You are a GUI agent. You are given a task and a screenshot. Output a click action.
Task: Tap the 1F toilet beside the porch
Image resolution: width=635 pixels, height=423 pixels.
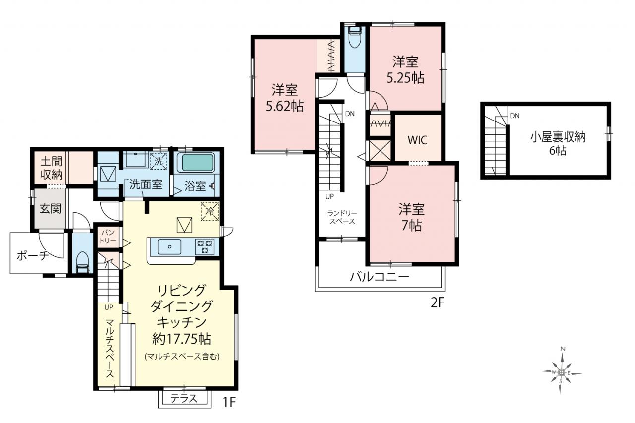pos(83,262)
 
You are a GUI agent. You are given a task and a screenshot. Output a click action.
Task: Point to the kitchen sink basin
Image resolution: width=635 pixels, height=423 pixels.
pos(169,247)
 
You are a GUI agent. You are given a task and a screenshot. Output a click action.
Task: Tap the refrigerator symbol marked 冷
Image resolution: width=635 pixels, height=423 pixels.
pos(210,211)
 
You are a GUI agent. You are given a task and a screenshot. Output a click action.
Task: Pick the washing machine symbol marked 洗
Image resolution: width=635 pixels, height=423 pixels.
pos(158,161)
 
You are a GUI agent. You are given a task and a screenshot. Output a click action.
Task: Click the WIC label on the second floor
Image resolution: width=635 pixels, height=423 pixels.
pos(418,140)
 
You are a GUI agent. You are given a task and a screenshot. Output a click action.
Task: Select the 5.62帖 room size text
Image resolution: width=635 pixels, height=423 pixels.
pos(285,107)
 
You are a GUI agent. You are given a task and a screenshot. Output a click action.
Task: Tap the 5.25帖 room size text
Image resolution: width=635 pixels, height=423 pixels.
pos(405,78)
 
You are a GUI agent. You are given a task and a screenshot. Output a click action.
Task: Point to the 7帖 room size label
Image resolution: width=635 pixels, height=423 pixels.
pos(411,226)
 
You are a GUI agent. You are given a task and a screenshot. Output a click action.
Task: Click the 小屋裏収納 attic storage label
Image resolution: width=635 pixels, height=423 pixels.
pos(558,137)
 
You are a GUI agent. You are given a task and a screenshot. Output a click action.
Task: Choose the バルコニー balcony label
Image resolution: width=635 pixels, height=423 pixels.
pos(380,277)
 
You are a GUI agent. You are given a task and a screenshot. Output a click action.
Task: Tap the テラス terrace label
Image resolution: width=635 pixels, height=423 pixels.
pos(184,399)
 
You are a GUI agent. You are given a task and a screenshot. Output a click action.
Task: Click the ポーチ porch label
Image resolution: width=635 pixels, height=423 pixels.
pos(33,256)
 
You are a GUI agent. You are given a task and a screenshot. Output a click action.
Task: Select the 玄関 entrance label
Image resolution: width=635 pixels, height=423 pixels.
pos(51,209)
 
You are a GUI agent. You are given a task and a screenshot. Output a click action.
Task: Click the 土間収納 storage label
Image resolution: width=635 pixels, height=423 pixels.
pos(51,168)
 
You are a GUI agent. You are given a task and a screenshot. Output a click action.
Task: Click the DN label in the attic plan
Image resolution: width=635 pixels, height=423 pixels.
pos(515,116)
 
